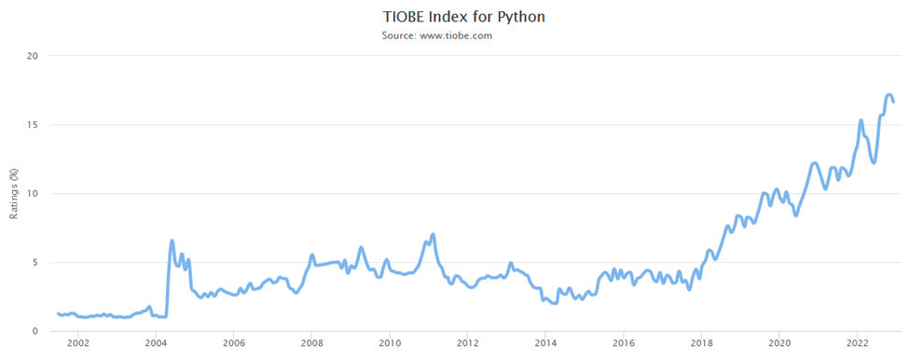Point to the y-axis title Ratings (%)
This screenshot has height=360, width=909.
(14, 193)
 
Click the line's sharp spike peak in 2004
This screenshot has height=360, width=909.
(172, 241)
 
